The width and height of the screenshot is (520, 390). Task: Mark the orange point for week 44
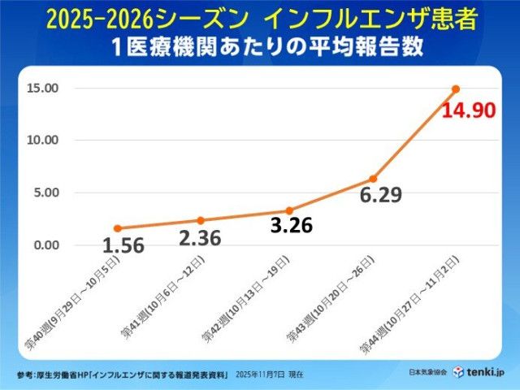(456, 89)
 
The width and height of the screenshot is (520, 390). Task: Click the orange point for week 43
(373, 179)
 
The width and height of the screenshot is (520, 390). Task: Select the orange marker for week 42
(289, 210)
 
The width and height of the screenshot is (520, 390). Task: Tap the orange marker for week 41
(201, 220)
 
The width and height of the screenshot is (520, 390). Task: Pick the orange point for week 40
(117, 228)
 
